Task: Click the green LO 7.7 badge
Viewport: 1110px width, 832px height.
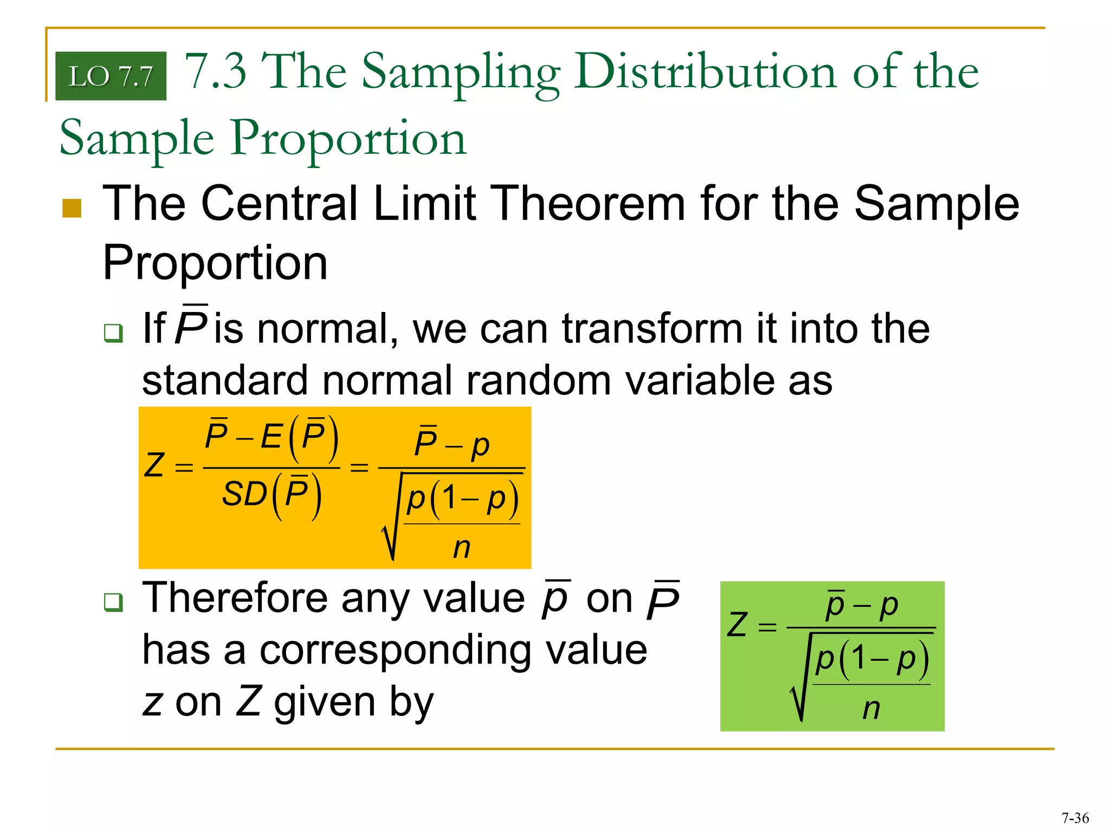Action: click(x=111, y=76)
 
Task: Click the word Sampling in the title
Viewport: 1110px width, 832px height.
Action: click(x=461, y=73)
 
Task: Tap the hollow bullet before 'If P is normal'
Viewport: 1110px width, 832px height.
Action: click(x=113, y=333)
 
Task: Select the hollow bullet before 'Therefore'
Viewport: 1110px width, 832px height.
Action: click(x=113, y=602)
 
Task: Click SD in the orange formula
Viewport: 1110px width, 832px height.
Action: click(x=244, y=494)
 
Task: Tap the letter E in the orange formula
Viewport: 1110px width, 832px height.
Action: click(x=271, y=437)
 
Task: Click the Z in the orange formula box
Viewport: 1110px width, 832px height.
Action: click(x=154, y=465)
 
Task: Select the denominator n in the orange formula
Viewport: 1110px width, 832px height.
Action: click(x=462, y=548)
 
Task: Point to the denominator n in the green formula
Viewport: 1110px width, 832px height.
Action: click(x=871, y=708)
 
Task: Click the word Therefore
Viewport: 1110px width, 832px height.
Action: click(x=235, y=598)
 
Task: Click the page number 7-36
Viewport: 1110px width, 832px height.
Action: click(x=1075, y=818)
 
